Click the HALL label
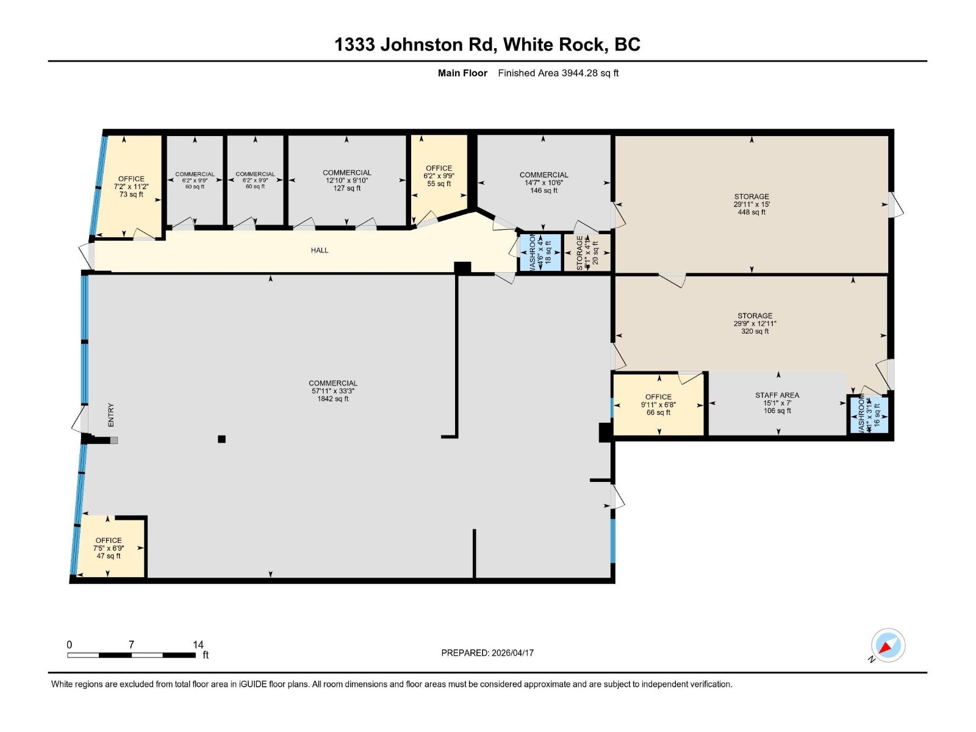click(319, 250)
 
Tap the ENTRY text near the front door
click(111, 415)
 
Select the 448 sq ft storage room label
click(751, 204)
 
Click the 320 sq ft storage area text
click(755, 324)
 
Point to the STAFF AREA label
click(777, 403)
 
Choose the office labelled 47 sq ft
click(109, 548)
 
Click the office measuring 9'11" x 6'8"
click(658, 404)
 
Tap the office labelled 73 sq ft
click(131, 187)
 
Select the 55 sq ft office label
click(439, 176)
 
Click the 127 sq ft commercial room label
click(346, 181)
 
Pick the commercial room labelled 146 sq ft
click(544, 182)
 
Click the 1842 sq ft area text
click(332, 391)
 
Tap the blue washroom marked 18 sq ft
click(540, 251)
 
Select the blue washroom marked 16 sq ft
click(869, 415)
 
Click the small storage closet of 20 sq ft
click(587, 251)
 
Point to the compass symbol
click(888, 645)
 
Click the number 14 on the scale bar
click(198, 644)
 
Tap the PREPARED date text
click(487, 653)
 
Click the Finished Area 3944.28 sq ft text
click(558, 73)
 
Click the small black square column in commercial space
click(221, 439)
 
